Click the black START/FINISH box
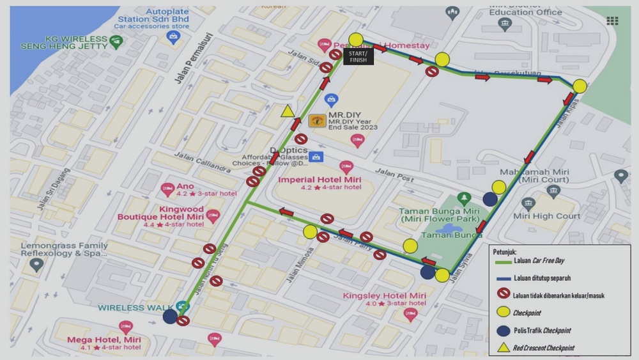pyautogui.click(x=358, y=56)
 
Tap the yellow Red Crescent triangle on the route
pyautogui.click(x=288, y=111)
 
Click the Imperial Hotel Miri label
pyautogui.click(x=319, y=180)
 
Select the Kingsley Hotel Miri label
pyautogui.click(x=384, y=296)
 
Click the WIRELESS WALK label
pyautogui.click(x=136, y=308)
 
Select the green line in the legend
pyautogui.click(x=503, y=261)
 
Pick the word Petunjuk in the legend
pyautogui.click(x=505, y=251)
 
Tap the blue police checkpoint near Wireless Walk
pyautogui.click(x=170, y=317)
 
